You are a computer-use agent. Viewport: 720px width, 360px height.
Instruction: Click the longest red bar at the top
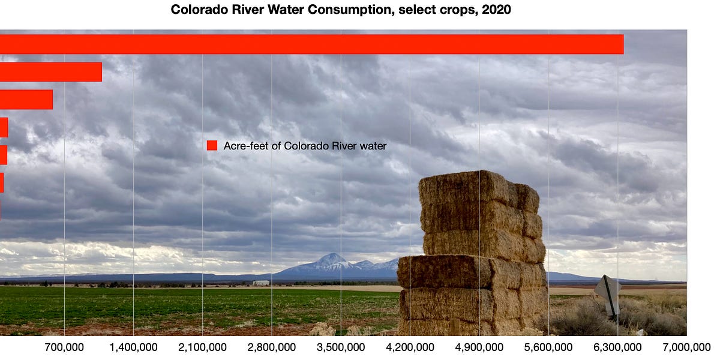(312, 44)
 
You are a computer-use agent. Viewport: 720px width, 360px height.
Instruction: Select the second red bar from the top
(51, 72)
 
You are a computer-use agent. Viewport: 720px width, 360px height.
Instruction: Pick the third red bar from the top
(26, 100)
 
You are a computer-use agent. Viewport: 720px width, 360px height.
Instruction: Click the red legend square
(212, 145)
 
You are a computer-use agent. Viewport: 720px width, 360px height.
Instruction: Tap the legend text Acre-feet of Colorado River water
(305, 145)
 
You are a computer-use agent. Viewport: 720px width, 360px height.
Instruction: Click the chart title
(341, 10)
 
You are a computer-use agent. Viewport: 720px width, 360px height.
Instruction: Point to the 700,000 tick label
(64, 347)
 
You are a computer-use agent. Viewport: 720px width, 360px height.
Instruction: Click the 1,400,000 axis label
(133, 347)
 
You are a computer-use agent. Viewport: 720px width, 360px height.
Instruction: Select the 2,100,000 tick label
(202, 347)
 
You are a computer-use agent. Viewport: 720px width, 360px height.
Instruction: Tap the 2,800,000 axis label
(272, 347)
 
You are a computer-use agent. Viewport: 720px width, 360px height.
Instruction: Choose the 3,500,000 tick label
(341, 347)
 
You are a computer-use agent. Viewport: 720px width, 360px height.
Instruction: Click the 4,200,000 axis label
(410, 347)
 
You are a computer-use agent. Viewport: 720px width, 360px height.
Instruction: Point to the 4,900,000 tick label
(479, 347)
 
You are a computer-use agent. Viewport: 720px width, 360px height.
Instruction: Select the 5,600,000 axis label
(548, 347)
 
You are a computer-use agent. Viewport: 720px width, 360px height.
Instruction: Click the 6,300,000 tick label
(617, 347)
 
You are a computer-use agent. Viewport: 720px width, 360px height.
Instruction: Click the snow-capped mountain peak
(331, 259)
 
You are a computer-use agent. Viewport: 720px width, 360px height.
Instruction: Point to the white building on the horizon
(261, 283)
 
